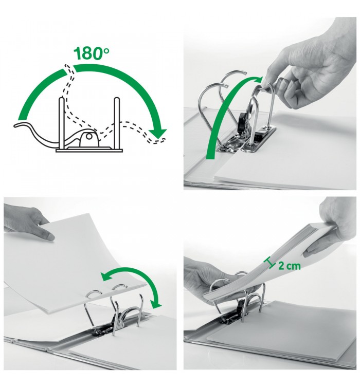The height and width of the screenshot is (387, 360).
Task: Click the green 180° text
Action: point(91,53)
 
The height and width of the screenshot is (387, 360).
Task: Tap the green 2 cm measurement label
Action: point(289,266)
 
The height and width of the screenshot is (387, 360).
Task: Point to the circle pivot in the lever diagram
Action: point(89,136)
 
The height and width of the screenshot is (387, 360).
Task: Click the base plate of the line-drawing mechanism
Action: point(89,150)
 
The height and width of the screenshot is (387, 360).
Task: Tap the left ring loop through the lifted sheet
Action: point(94,293)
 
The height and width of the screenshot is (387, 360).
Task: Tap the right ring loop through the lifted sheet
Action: point(119,287)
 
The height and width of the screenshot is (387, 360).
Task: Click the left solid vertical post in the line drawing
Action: point(62,123)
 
